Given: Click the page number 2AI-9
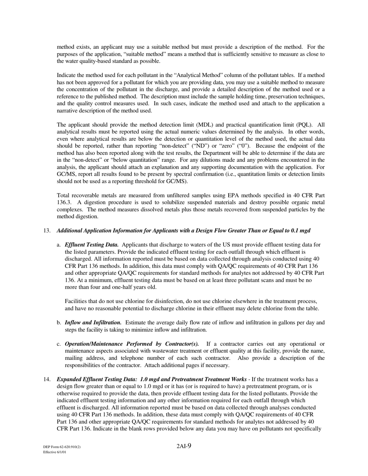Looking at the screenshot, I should point(184,446).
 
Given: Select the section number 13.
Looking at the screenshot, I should point(47,231).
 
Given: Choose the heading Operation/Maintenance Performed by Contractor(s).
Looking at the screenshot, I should point(132,344).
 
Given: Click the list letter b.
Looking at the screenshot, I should point(59,323).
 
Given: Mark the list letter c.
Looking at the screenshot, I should point(59,344).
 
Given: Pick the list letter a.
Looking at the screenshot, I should point(59,245).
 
